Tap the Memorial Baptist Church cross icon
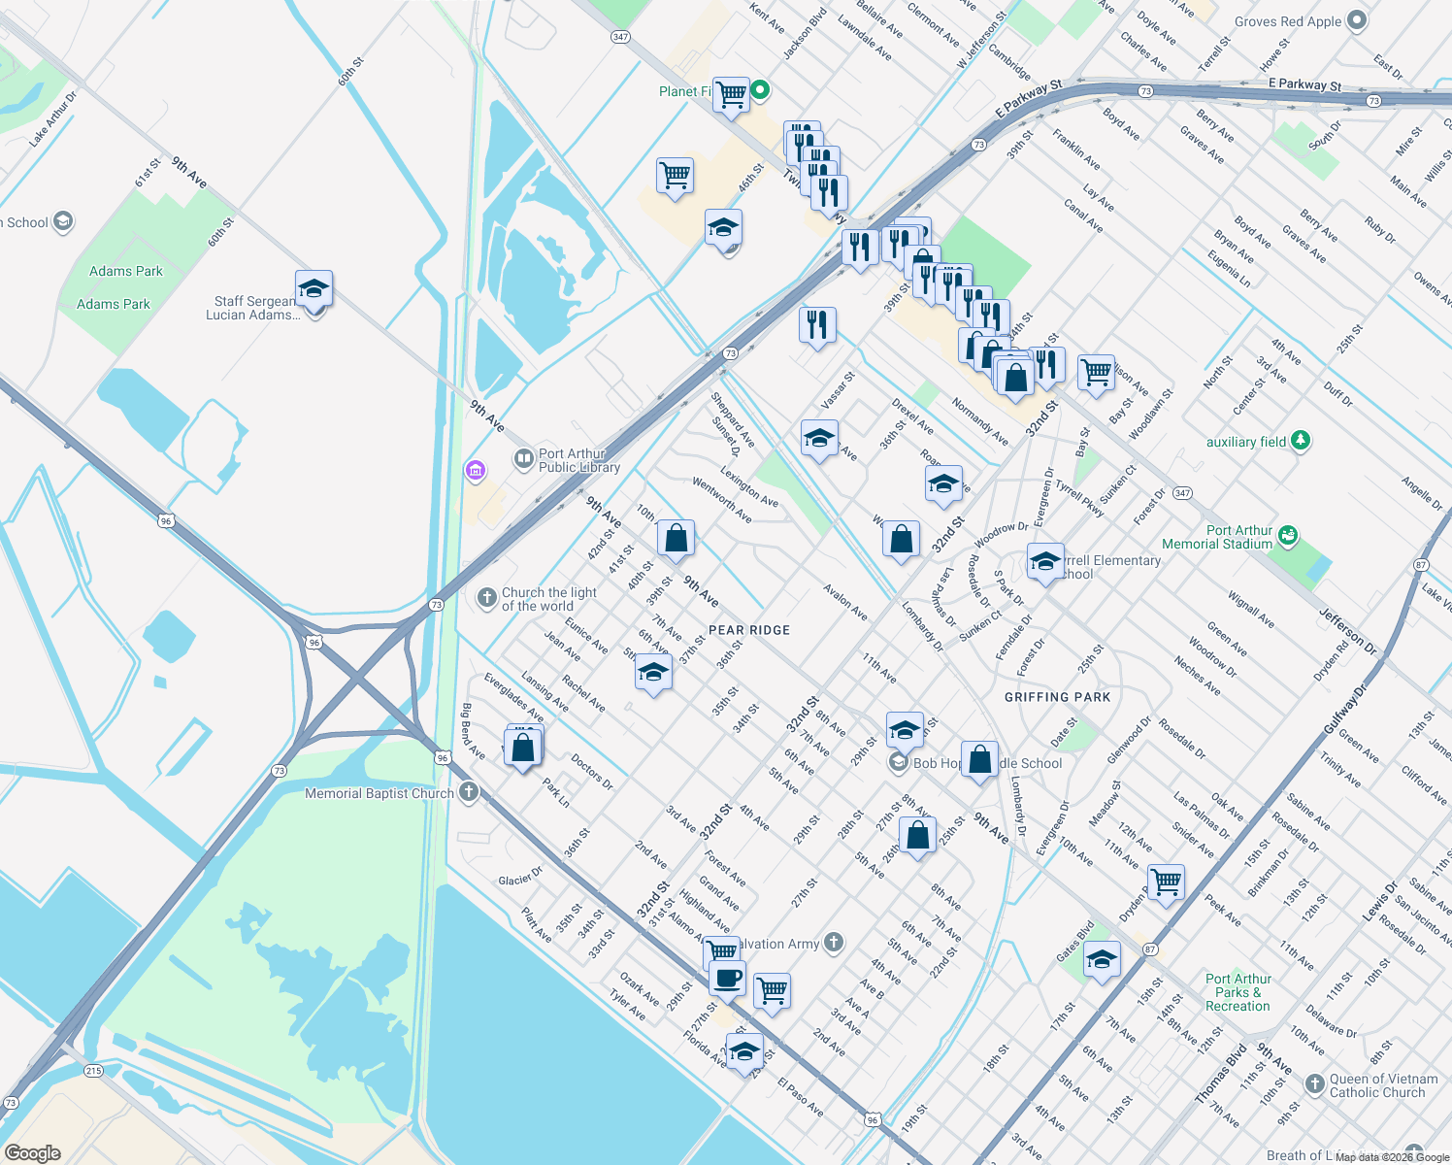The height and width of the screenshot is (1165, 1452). point(469,792)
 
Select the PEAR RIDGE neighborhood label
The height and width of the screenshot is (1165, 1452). point(749,630)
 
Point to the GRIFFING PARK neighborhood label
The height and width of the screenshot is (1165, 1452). point(1057,697)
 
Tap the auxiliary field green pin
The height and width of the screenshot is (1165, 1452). point(1301,441)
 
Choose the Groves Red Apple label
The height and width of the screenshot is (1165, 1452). point(1287,21)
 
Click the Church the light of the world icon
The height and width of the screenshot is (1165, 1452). point(487,598)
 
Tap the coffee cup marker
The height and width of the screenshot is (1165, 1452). point(727,978)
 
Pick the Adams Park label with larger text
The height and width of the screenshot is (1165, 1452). point(126,272)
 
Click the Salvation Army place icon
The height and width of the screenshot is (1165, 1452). point(834,942)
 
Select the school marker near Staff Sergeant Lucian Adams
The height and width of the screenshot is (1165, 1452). point(313,289)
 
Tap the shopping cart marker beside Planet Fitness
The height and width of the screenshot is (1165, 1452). point(731,95)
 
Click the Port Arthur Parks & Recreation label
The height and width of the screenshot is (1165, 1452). point(1237,992)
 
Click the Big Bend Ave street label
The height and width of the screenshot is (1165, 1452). point(473,731)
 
